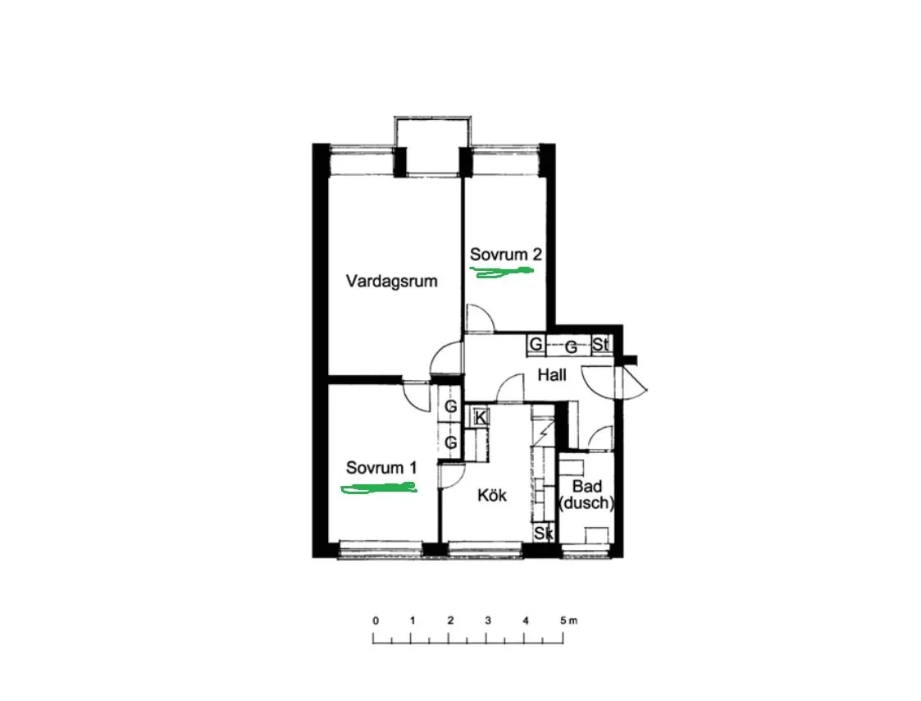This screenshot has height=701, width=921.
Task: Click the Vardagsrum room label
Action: click(391, 281)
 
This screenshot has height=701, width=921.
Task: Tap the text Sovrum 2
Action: click(505, 254)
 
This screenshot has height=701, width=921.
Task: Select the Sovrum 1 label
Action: click(381, 468)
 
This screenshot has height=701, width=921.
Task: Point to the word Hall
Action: click(552, 375)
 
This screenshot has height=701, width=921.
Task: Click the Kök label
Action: click(492, 495)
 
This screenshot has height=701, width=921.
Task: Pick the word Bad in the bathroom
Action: click(587, 488)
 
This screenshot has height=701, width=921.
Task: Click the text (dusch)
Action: click(586, 503)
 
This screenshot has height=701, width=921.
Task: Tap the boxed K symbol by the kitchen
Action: click(481, 417)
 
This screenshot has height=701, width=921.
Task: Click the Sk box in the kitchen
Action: click(543, 534)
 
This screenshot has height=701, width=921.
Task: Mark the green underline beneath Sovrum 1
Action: click(379, 489)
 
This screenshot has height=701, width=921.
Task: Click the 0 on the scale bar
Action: click(375, 621)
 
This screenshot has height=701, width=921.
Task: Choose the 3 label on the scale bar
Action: click(488, 621)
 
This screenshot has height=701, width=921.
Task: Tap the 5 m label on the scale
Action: click(567, 621)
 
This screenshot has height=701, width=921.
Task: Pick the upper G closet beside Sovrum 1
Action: click(451, 406)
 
